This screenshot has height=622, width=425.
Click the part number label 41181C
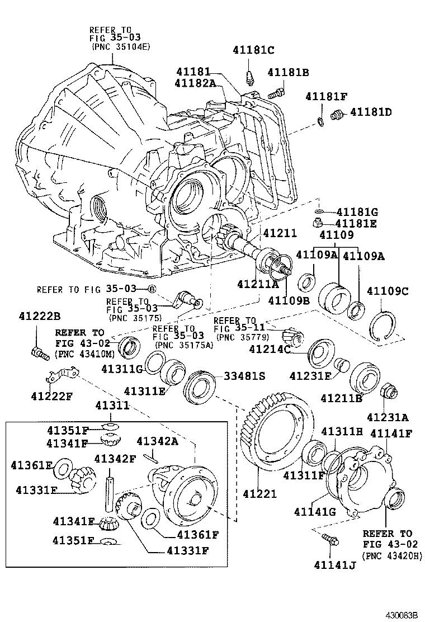pos(253,50)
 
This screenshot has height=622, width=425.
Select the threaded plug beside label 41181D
pos(337,116)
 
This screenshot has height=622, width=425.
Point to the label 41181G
pos(357,212)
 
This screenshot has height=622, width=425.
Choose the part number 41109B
pos(289,301)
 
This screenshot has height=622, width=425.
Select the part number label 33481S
pos(244,376)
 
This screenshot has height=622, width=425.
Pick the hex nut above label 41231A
pos(388,392)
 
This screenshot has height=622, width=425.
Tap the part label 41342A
pos(158,441)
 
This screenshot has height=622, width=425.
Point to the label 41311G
pos(122,369)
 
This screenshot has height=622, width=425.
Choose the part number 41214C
pos(270,350)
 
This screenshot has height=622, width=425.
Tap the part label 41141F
pos(391,432)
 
